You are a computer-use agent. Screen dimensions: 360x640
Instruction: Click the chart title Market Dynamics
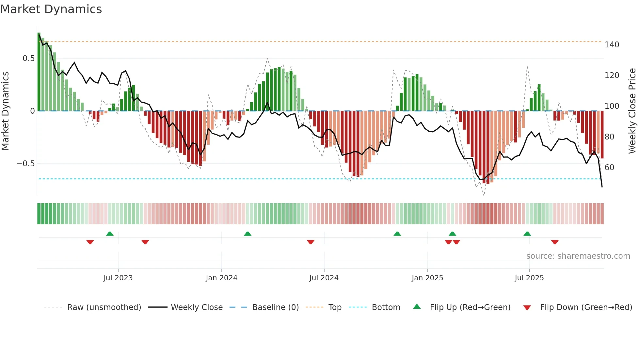(x=51, y=9)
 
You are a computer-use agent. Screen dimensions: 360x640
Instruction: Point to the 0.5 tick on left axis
(x=28, y=58)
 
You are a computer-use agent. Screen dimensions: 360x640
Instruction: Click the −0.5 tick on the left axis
(x=26, y=164)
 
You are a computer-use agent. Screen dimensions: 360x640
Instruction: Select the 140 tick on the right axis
(x=612, y=45)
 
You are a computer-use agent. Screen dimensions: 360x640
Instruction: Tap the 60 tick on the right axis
(x=609, y=168)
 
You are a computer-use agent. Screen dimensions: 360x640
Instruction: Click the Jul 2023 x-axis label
(x=118, y=278)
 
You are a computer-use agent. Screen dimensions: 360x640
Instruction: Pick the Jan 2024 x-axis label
(x=221, y=278)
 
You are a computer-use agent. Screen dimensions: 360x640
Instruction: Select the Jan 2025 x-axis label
(x=427, y=278)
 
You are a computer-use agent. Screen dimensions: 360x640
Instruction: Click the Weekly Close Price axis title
(x=632, y=111)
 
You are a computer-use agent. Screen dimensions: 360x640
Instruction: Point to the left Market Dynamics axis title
(x=5, y=111)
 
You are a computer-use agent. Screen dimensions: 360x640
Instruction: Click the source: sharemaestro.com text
(x=578, y=256)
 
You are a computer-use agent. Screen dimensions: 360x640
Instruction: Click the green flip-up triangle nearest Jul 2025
(x=527, y=234)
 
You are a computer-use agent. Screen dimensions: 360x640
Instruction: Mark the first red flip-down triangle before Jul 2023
(x=90, y=242)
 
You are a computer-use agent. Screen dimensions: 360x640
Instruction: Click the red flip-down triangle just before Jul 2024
(x=311, y=242)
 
